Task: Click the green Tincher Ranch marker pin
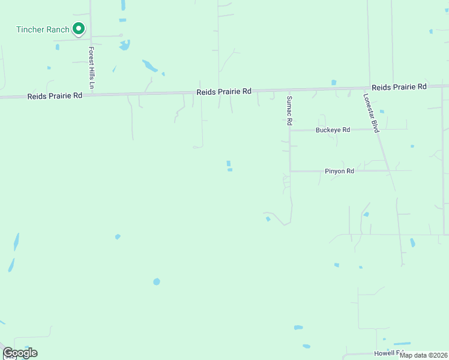[78, 28]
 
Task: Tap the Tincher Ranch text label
[43, 30]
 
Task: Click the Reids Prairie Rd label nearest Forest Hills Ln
[55, 96]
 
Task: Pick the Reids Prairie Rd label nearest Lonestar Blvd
[399, 87]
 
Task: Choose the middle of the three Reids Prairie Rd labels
[224, 92]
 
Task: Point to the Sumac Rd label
[289, 110]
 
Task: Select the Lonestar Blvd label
[372, 113]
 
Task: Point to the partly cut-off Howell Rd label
[387, 353]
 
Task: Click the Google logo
[20, 353]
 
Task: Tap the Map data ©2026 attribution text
[424, 355]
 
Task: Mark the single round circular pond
[157, 281]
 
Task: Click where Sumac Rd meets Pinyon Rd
[291, 171]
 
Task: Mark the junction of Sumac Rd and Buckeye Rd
[291, 130]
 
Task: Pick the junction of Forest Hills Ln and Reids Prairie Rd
[91, 95]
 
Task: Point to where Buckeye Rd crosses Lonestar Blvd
[377, 130]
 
